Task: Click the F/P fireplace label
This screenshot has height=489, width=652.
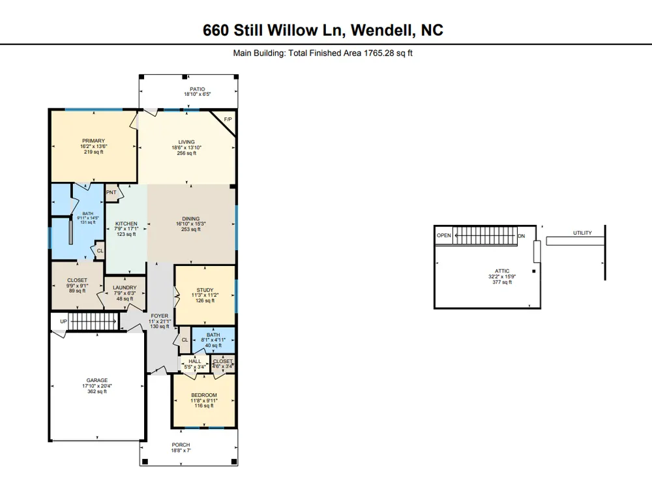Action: pos(228,119)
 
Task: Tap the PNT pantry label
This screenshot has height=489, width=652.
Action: pos(111,192)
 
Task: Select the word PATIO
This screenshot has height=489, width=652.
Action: pos(198,89)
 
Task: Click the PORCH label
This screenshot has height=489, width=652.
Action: pos(181,445)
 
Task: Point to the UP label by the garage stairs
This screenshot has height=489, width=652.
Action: pos(63,321)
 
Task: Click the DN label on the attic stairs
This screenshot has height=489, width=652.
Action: pos(522,236)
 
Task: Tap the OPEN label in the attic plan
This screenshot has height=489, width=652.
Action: pos(443,235)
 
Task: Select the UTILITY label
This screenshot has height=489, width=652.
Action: pos(582,233)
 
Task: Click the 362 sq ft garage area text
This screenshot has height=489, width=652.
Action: pos(97,391)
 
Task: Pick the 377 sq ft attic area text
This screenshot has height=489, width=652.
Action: pos(502,282)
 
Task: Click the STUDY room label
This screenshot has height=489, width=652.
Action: pos(205,290)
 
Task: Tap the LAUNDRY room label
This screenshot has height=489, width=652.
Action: pos(125,288)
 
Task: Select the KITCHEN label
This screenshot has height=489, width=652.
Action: pos(126,224)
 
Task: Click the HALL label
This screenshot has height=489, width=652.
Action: pos(194,361)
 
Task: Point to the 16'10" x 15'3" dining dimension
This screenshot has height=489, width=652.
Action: pos(191,224)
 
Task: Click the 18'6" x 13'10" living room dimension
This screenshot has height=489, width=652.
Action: pos(186,147)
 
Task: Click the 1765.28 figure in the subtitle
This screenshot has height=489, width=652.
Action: pos(379,53)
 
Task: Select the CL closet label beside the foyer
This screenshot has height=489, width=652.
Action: pos(185,340)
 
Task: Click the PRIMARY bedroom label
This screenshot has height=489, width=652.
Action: pos(93,141)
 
